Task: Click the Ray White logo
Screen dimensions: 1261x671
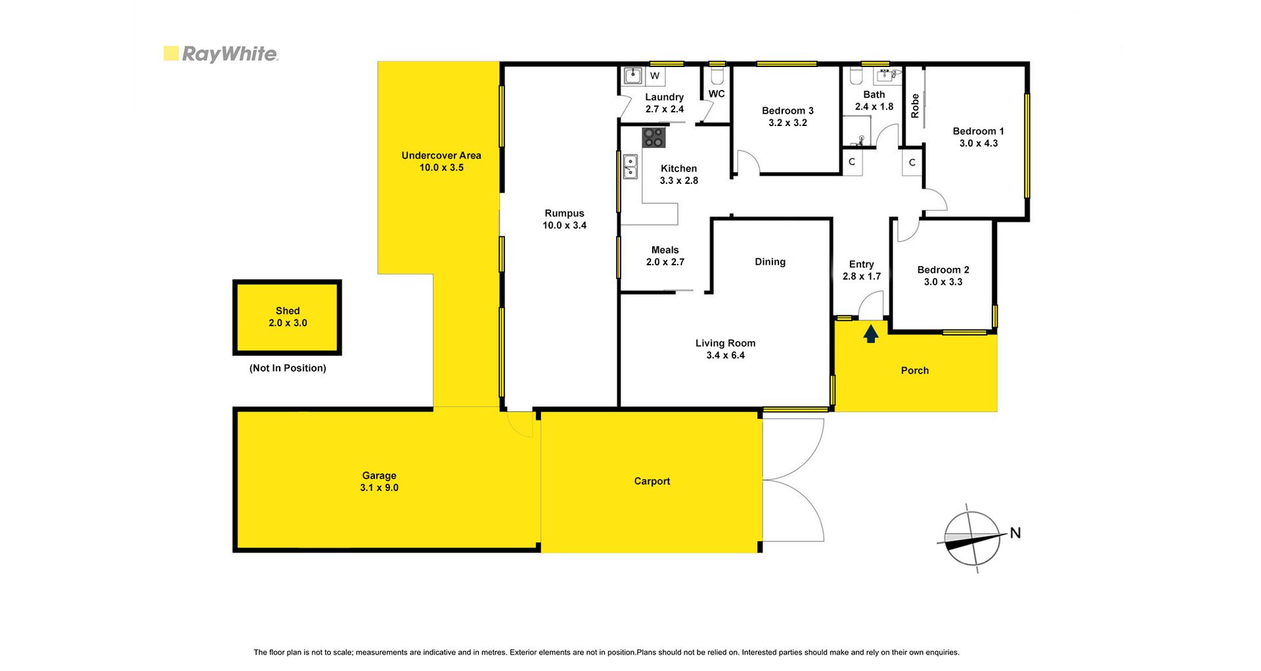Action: coord(221,54)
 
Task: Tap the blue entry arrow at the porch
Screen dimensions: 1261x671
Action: coord(871,334)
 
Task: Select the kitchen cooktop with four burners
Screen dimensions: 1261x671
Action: coord(653,137)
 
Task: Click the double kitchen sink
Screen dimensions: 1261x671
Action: coord(630,167)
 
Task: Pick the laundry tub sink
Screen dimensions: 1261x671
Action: coord(632,76)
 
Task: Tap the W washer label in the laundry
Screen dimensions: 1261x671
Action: coord(655,76)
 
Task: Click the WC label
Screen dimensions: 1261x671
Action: coord(717,94)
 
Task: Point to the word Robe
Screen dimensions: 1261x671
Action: coord(915,106)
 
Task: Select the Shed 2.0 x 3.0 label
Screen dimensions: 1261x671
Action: coord(288,317)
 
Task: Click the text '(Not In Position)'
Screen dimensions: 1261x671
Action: coord(288,368)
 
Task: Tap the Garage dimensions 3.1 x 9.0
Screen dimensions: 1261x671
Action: coord(379,488)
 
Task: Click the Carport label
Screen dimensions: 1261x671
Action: coord(652,481)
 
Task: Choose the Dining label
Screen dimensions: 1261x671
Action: coord(770,262)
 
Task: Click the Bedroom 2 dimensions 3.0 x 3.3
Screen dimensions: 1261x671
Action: coord(943,282)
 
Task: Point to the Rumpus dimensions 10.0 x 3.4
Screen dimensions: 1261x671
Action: coord(565,226)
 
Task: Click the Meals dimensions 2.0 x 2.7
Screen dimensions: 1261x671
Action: coord(665,262)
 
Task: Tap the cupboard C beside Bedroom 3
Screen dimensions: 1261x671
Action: coord(852,162)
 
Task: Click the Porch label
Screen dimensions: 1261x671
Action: coord(915,371)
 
